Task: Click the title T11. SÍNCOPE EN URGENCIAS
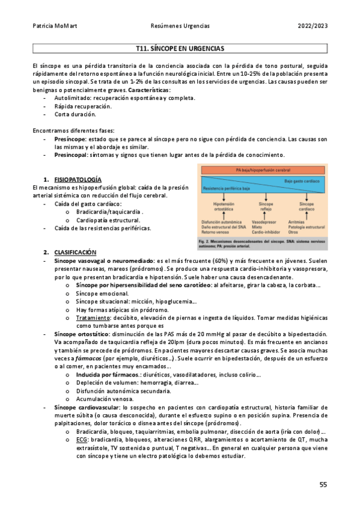[180, 48]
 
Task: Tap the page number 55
[323, 485]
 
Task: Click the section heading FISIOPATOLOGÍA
[78, 180]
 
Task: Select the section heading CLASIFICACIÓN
[76, 251]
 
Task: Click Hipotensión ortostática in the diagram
[223, 207]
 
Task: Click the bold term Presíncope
[69, 138]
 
